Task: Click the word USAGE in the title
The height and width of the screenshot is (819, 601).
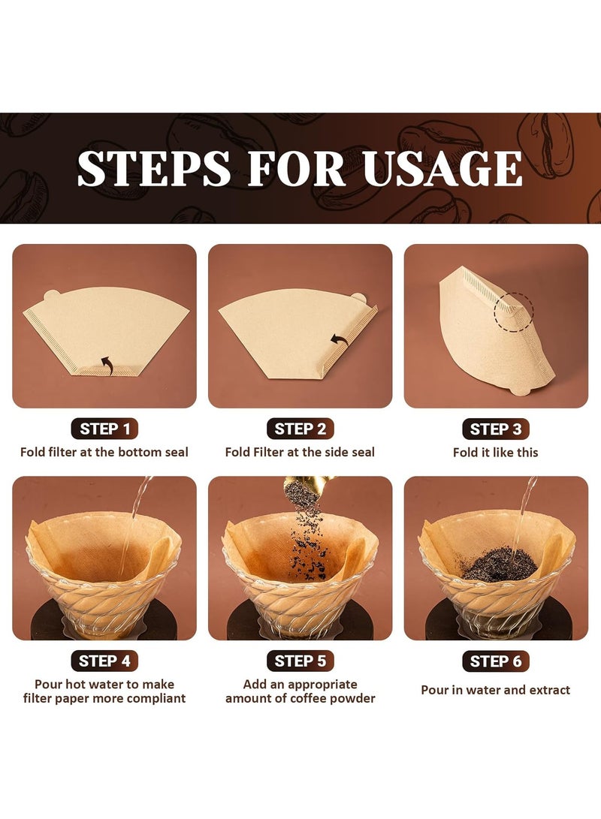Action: pyautogui.click(x=443, y=169)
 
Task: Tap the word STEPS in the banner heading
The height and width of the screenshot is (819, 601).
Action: pyautogui.click(x=154, y=169)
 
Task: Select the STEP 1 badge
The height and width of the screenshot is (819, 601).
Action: pyautogui.click(x=104, y=429)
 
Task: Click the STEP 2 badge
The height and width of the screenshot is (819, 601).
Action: pyautogui.click(x=300, y=429)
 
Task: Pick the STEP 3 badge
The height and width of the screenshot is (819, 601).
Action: pyautogui.click(x=495, y=429)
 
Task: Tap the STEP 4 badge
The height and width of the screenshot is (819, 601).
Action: pyautogui.click(x=104, y=661)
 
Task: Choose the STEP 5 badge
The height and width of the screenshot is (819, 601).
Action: pyautogui.click(x=300, y=661)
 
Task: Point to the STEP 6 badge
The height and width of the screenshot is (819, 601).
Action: pyautogui.click(x=495, y=661)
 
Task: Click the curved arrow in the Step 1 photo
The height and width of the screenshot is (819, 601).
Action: pyautogui.click(x=107, y=364)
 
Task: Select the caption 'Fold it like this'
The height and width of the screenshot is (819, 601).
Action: pyautogui.click(x=495, y=453)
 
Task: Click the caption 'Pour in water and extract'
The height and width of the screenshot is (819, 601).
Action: pyautogui.click(x=495, y=690)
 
